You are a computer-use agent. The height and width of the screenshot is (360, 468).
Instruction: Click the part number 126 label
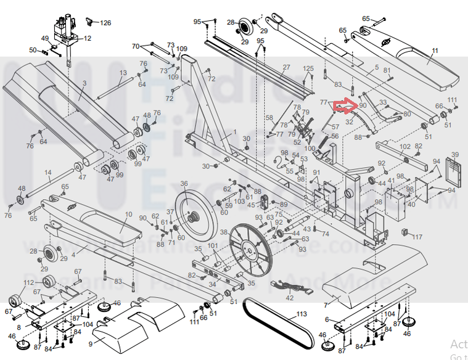pyautogui.click(x=105, y=23)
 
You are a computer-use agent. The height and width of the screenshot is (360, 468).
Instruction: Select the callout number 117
pyautogui.click(x=417, y=237)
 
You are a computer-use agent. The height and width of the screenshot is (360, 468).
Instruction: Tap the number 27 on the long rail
pyautogui.click(x=286, y=67)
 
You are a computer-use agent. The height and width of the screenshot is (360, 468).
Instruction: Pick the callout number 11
pyautogui.click(x=435, y=51)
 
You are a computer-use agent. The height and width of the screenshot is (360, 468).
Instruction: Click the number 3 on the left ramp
pyautogui.click(x=84, y=83)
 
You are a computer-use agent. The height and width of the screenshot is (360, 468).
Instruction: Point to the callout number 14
pyautogui.click(x=47, y=173)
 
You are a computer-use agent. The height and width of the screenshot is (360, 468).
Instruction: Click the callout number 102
pyautogui.click(x=404, y=147)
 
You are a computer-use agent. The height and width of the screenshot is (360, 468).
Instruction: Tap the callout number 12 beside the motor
pyautogui.click(x=87, y=38)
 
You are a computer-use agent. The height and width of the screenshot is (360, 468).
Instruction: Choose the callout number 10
pyautogui.click(x=128, y=215)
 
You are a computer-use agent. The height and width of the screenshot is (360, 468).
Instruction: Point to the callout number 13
pyautogui.click(x=123, y=73)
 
